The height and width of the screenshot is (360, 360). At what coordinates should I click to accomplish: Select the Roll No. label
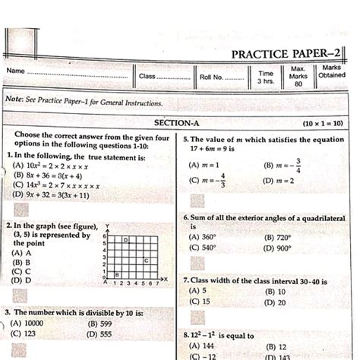[x=211, y=77]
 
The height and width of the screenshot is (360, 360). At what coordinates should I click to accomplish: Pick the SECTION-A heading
[x=177, y=122]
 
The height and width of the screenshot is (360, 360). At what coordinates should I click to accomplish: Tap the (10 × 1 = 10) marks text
[x=322, y=122]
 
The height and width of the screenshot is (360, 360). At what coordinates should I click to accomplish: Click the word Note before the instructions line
[x=16, y=101]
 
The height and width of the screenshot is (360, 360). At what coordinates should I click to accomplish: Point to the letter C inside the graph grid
[x=145, y=261]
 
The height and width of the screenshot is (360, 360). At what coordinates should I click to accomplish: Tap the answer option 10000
[x=32, y=323]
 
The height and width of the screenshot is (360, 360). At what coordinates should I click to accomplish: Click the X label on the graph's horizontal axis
[x=166, y=281]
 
